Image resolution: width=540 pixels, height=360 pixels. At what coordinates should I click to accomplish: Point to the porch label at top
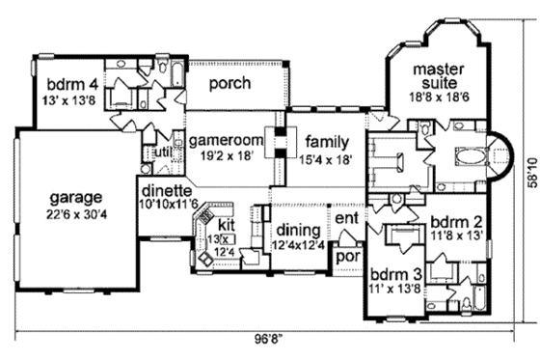click(x=229, y=84)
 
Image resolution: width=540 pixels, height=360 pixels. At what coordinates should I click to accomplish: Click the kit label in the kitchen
click(x=228, y=209)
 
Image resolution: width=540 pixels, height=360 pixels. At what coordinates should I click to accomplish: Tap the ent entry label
click(x=346, y=220)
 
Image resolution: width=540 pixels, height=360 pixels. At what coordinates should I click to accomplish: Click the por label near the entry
click(x=346, y=258)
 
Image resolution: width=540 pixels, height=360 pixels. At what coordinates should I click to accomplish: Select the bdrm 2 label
click(x=453, y=219)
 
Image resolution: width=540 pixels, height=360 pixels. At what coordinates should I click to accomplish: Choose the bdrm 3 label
click(x=395, y=273)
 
